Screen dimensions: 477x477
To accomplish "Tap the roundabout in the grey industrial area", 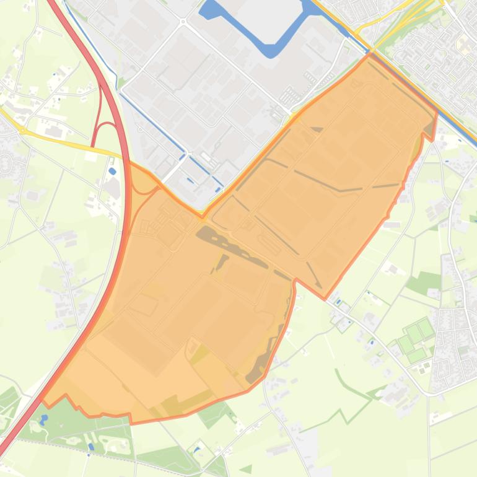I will point(183,22).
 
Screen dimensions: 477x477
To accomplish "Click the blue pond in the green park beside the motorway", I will point(43,419).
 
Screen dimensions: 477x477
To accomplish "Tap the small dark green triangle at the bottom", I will point(247,469).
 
